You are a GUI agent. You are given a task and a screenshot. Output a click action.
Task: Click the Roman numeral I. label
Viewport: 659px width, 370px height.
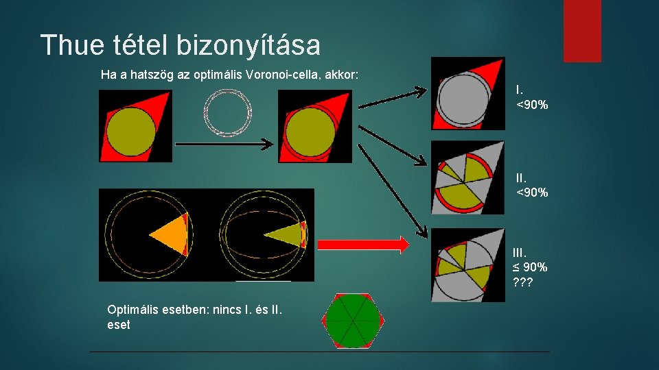click(520, 90)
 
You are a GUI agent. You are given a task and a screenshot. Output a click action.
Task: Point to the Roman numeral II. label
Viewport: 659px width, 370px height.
click(522, 177)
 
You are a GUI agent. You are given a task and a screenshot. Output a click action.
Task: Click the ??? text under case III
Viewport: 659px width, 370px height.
click(526, 282)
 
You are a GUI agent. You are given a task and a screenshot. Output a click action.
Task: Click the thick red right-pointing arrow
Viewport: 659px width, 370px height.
click(363, 244)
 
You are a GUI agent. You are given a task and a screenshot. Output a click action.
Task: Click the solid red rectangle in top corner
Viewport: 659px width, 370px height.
click(582, 31)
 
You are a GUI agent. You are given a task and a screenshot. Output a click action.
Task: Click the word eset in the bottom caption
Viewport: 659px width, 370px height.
click(119, 325)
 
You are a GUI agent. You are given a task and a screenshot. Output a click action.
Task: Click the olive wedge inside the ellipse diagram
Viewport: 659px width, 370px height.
click(285, 235)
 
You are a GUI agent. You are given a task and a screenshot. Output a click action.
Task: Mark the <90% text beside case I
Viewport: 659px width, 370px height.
click(532, 104)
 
